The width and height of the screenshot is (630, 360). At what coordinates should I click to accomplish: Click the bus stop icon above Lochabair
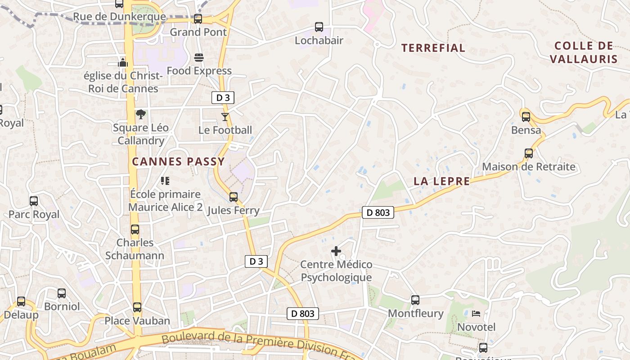tap(319, 27)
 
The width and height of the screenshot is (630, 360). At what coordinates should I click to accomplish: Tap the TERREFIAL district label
tap(433, 48)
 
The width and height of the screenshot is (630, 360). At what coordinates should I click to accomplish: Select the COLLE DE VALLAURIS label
tap(584, 52)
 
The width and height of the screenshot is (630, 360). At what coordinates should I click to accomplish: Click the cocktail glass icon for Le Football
tap(225, 117)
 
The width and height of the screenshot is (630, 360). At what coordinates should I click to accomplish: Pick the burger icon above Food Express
tap(199, 58)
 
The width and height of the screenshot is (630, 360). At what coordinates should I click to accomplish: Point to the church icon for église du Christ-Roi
tap(123, 63)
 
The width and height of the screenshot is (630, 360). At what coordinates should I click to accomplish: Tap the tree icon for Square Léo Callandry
tap(141, 114)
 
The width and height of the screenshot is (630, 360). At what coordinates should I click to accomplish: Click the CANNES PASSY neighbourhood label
tap(178, 162)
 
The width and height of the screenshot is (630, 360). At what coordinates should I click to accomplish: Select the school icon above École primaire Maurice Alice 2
tap(165, 181)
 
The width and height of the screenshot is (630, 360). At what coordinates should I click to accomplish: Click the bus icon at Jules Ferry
tap(234, 197)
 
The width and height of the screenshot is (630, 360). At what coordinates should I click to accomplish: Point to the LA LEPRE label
tap(441, 181)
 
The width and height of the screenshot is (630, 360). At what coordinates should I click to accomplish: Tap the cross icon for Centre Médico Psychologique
tap(336, 251)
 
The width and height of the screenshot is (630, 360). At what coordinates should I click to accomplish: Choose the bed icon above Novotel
tap(476, 314)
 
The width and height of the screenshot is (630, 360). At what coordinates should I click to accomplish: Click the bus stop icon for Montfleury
tap(415, 300)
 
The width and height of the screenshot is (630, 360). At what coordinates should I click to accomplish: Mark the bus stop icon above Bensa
tap(526, 117)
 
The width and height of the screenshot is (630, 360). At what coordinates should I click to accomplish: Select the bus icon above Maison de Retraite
tap(529, 153)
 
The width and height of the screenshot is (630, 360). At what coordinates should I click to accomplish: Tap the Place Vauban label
tap(137, 321)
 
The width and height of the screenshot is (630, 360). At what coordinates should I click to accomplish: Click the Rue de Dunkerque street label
tap(119, 17)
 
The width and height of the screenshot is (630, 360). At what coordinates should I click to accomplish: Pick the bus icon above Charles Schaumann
tap(135, 229)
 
